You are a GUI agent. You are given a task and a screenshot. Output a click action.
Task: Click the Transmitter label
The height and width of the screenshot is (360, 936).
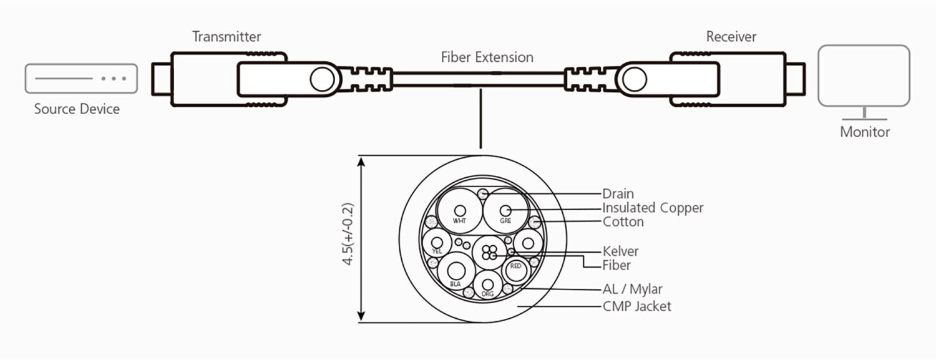227,37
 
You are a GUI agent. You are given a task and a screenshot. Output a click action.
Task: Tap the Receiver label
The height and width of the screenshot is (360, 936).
731,37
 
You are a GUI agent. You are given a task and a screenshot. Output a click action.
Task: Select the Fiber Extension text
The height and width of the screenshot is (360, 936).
487,57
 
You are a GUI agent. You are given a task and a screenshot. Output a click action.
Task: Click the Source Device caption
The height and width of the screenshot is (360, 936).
77,109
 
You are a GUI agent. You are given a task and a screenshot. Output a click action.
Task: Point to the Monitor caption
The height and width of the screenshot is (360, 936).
864,132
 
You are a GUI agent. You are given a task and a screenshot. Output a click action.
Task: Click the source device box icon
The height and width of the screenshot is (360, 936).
81,79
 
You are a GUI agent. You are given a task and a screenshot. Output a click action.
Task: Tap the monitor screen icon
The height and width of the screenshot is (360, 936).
864,75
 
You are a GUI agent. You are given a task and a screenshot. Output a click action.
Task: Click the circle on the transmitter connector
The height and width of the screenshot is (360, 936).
323,79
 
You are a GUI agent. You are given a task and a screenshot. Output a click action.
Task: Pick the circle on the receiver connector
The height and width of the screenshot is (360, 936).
633,79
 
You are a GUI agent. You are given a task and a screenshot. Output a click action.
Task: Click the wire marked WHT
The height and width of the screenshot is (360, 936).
460,211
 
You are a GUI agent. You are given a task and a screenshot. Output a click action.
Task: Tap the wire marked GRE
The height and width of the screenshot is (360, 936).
505,211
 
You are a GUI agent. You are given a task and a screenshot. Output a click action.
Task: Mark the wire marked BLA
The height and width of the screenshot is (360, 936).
455,272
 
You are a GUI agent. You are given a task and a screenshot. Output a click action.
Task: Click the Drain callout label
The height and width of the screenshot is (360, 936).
618,194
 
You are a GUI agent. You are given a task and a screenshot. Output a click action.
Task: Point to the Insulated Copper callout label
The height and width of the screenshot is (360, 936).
653,208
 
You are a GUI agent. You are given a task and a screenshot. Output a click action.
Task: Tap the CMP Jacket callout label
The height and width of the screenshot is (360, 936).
637,306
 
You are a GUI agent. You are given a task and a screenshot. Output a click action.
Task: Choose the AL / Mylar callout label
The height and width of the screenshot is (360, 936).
633,289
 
